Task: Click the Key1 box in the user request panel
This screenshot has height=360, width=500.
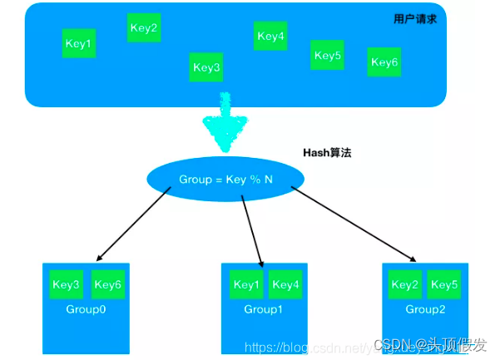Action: pyautogui.click(x=79, y=43)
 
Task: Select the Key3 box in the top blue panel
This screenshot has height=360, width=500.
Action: pyautogui.click(x=206, y=67)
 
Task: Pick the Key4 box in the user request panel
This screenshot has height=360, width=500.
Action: pyautogui.click(x=270, y=36)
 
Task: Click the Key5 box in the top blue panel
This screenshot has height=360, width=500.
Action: pyautogui.click(x=328, y=56)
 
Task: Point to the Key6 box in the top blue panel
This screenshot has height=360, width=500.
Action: pyautogui.click(x=384, y=62)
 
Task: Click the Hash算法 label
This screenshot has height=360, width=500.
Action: pyautogui.click(x=327, y=154)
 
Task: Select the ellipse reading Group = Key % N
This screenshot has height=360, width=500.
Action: pyautogui.click(x=225, y=179)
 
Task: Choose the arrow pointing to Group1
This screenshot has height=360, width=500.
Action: pyautogui.click(x=251, y=229)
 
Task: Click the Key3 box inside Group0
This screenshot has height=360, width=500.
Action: pyautogui.click(x=66, y=285)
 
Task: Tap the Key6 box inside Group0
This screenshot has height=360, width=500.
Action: pyautogui.click(x=108, y=285)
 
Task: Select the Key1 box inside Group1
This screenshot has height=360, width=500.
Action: pyautogui.click(x=246, y=285)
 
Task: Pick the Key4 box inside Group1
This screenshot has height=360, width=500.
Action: pyautogui.click(x=285, y=285)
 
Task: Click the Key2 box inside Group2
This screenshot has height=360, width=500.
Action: pyautogui.click(x=404, y=285)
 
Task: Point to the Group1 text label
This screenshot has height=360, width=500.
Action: pyautogui.click(x=263, y=309)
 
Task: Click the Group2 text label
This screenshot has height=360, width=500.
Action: pyautogui.click(x=424, y=309)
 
